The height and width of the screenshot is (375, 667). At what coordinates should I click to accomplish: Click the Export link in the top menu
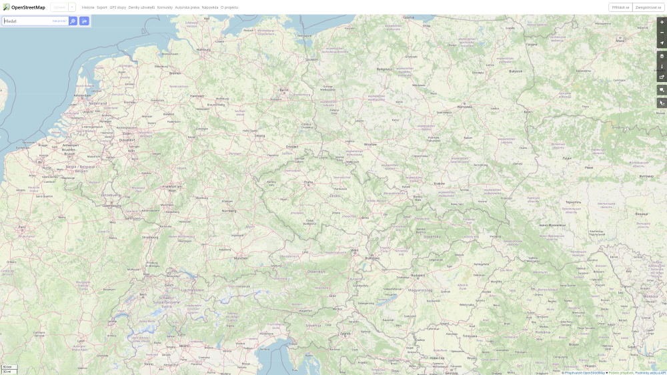[101, 7]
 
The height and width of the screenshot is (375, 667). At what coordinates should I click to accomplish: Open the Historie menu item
[88, 7]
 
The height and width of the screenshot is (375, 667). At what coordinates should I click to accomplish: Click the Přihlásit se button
[620, 7]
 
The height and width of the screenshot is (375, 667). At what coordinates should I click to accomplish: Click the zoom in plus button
[662, 22]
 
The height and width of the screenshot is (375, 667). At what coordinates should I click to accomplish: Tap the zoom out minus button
[662, 32]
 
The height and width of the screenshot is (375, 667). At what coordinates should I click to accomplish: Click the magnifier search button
[73, 21]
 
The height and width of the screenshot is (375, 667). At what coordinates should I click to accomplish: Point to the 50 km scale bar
[8, 367]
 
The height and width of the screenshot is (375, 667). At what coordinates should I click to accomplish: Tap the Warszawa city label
[465, 105]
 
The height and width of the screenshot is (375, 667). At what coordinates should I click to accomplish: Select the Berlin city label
[283, 89]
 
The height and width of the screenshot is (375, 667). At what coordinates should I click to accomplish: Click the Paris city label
[22, 227]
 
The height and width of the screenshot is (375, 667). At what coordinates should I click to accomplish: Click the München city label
[240, 258]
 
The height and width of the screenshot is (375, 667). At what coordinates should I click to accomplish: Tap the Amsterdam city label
[81, 95]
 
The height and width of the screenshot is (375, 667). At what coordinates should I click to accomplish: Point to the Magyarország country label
[421, 291]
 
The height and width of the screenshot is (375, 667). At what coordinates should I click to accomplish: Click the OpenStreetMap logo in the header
[24, 7]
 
